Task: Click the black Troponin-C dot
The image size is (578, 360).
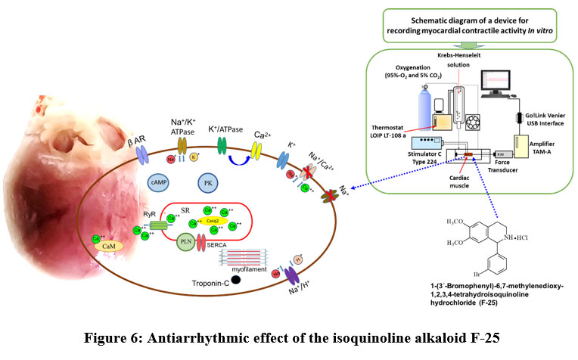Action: (237, 279)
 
